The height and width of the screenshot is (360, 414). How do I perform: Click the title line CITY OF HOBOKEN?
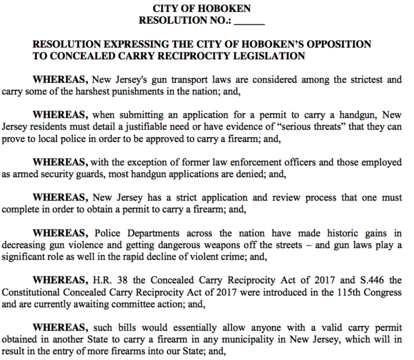[x=201, y=9]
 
